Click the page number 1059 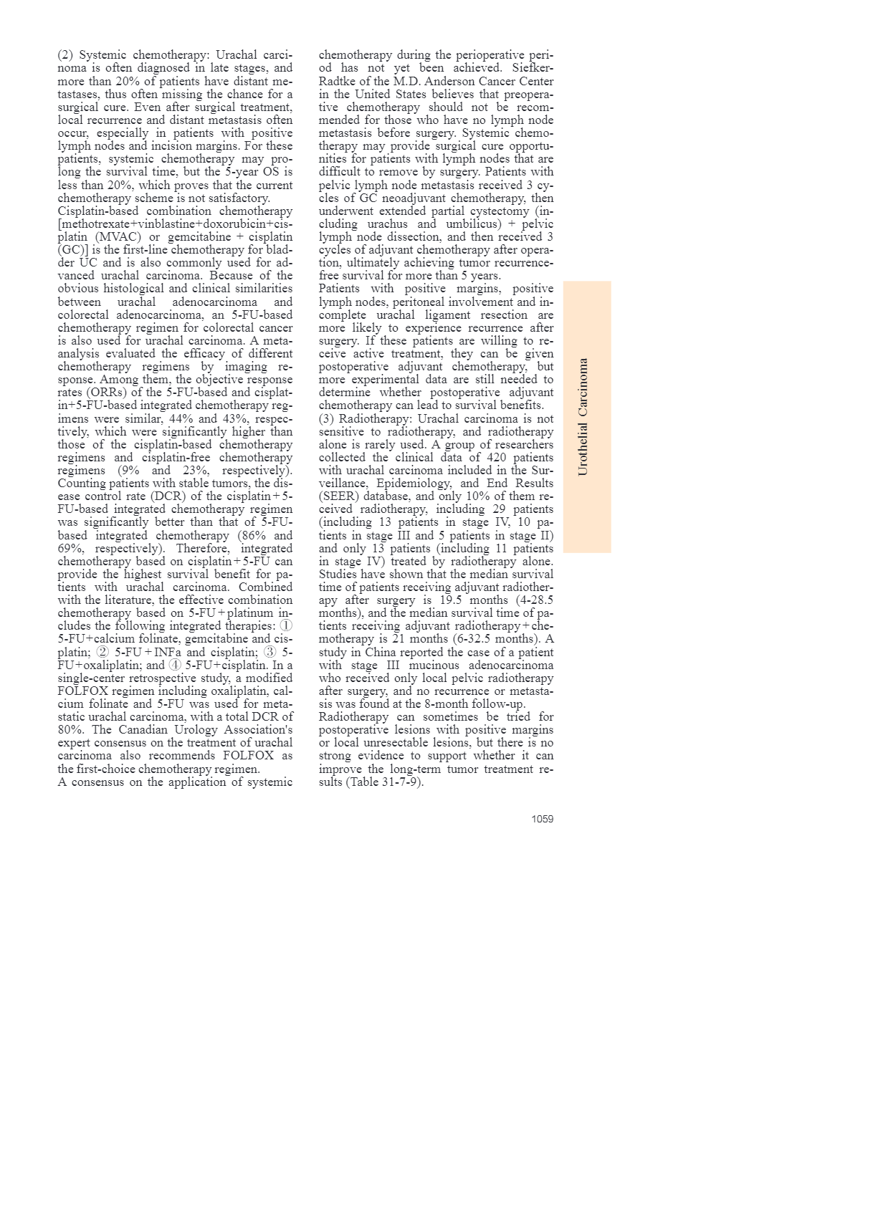pos(542,819)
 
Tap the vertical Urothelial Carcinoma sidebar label pos(583,416)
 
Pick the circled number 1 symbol pos(286,626)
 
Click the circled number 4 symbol pos(175,665)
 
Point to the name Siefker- pos(533,68)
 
